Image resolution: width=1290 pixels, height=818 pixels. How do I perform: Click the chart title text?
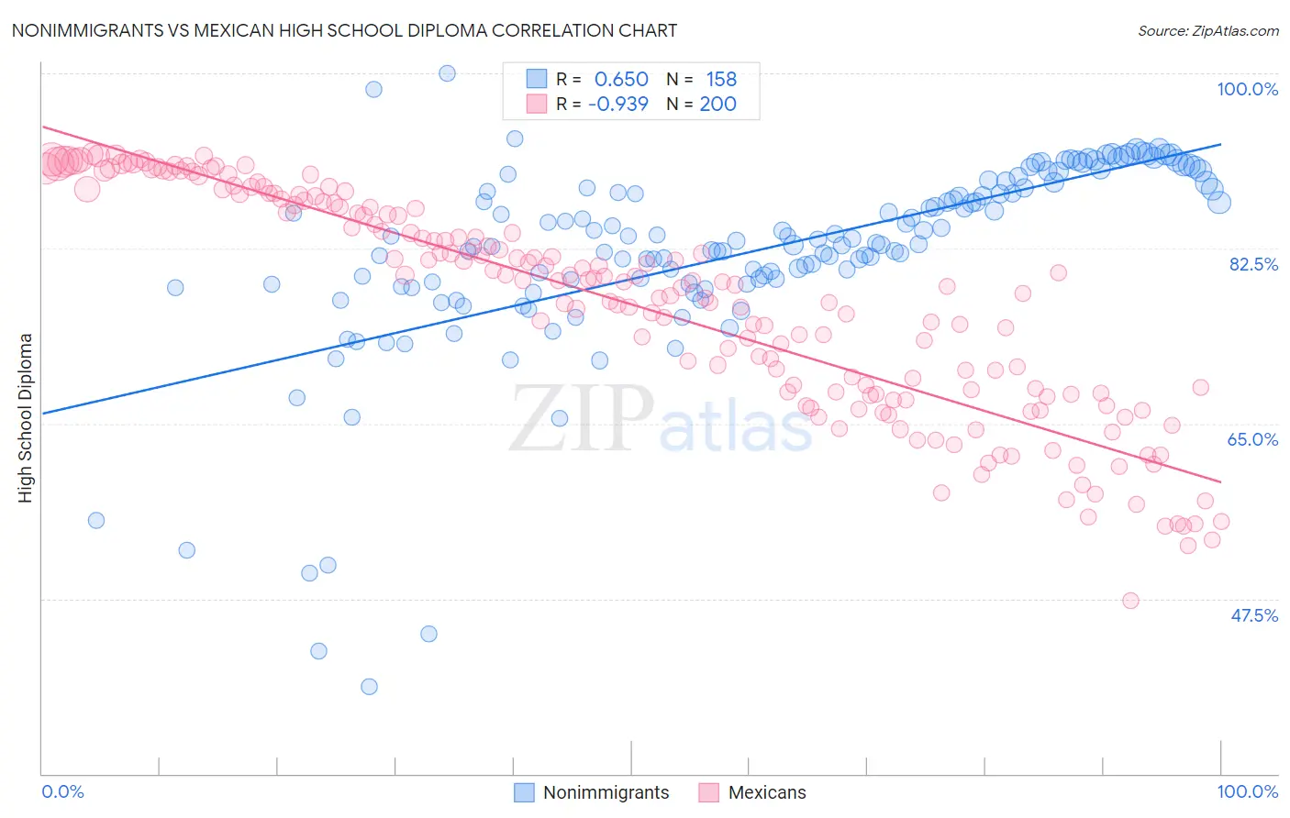coord(344,30)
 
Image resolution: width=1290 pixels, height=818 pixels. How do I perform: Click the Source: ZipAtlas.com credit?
coord(1207,30)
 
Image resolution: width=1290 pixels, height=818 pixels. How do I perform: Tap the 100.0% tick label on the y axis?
coord(1247,89)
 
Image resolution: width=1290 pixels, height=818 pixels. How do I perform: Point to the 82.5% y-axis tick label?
coord(1253,264)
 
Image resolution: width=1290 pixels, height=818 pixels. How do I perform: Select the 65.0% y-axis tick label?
coord(1252,439)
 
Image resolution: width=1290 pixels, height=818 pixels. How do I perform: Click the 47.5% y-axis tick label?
coord(1253,615)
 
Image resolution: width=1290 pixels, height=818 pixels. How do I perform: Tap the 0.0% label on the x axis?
coord(62,791)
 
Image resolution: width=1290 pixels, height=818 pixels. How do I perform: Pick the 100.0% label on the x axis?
coord(1247,791)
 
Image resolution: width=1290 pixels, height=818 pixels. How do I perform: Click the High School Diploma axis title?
coord(25,417)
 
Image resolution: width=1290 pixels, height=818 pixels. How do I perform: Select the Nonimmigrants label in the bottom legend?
coord(606,792)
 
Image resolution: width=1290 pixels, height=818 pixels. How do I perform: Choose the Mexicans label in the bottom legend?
coord(767,792)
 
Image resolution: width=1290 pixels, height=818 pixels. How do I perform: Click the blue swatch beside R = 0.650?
coord(536,79)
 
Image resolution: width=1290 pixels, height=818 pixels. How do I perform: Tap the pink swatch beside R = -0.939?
coord(536,104)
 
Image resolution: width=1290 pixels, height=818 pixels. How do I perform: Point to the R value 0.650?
coord(621,79)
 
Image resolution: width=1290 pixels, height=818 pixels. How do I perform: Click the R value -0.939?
coord(618,104)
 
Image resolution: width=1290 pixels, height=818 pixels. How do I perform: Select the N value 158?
coord(721,79)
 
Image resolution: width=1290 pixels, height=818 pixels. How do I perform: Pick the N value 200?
coord(717,104)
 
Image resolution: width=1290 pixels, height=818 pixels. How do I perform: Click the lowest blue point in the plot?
coord(369,687)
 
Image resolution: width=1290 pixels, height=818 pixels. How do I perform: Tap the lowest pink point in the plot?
coord(1130,601)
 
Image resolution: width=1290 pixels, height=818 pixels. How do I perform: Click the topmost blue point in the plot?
coord(447,73)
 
